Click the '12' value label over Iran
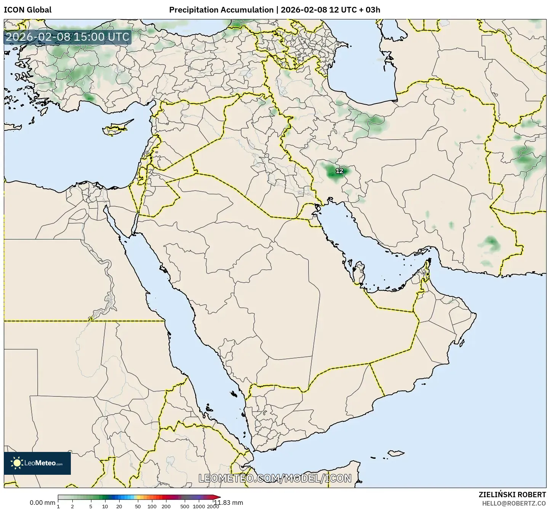339,171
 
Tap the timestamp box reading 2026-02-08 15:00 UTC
67,37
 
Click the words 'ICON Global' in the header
27,10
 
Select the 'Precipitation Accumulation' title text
221,10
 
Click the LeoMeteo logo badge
37,463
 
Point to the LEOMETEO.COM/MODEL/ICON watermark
275,478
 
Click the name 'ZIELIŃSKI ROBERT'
512,495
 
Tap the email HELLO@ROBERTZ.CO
514,503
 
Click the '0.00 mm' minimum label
42,503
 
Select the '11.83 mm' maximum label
228,503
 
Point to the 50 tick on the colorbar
138,506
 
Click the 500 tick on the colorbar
185,506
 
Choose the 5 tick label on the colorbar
91,506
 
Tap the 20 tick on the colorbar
119,506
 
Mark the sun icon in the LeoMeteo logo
16,463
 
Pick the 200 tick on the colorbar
166,506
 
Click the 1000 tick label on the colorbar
199,506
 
